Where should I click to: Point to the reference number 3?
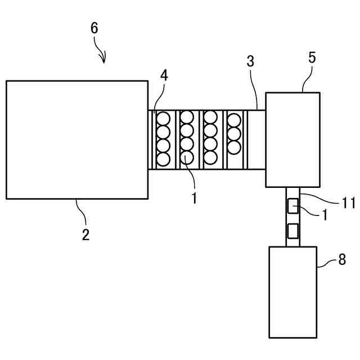click(250, 62)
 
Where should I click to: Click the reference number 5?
click(312, 57)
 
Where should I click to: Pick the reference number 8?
click(342, 260)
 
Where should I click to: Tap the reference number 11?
click(349, 202)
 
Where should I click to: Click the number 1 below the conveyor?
click(194, 198)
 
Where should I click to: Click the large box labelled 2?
click(76, 139)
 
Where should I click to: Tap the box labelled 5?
click(292, 139)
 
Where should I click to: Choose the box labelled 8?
click(292, 292)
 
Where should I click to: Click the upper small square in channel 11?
click(292, 206)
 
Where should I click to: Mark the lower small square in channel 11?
click(292, 231)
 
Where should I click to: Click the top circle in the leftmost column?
click(163, 119)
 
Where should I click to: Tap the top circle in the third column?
click(210, 118)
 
